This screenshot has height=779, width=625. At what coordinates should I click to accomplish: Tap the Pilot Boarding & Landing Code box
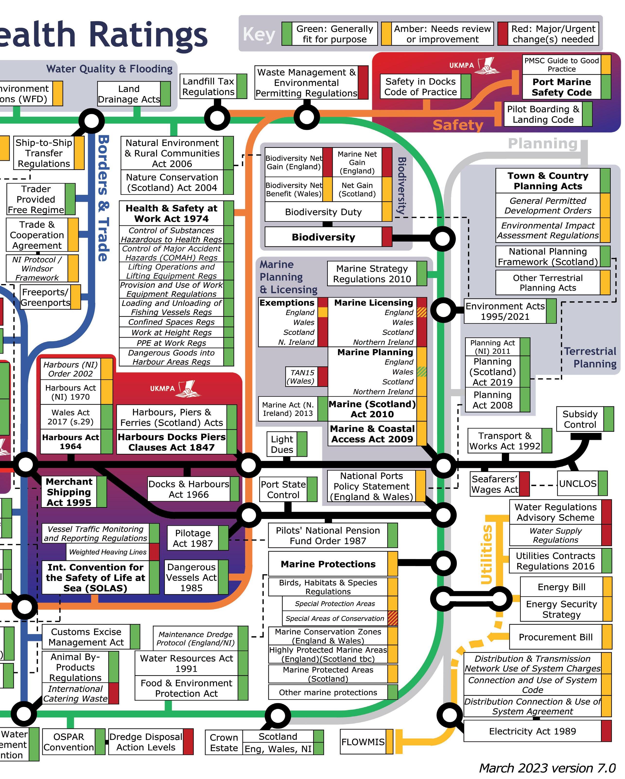pos(543,114)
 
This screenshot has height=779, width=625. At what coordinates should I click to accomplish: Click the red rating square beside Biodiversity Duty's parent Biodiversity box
pos(387,237)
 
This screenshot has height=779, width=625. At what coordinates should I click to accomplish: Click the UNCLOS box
pos(578,484)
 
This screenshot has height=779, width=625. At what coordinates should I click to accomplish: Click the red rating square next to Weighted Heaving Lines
pos(154,552)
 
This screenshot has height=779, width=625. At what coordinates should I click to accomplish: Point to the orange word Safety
pos(458,125)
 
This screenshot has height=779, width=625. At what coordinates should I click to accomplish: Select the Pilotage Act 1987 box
pos(193,538)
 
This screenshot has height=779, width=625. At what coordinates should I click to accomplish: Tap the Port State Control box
pos(283,490)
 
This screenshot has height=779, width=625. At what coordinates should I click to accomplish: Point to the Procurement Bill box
pos(556,637)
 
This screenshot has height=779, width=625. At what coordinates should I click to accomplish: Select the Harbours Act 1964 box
pos(71,441)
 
